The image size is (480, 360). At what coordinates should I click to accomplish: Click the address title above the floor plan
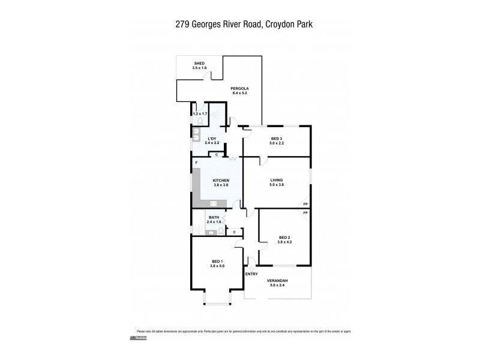(239, 25)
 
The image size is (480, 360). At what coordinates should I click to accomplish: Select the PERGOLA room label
(239, 89)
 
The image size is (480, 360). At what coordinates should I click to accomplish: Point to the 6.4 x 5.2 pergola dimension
(239, 94)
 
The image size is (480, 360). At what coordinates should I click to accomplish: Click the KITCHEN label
(221, 180)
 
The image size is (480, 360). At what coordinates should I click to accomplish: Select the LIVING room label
(277, 180)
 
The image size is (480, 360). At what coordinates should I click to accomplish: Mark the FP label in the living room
(305, 205)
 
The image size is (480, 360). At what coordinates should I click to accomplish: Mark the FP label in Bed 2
(305, 214)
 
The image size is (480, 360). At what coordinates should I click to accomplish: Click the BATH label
(214, 218)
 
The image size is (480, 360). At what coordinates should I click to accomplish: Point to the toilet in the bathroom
(221, 230)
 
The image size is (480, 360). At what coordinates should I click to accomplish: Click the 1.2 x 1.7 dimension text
(200, 113)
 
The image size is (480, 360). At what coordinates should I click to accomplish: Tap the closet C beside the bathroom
(234, 232)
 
